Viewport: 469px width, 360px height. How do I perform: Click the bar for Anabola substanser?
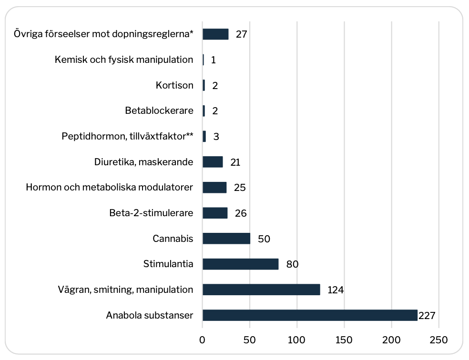tap(310, 315)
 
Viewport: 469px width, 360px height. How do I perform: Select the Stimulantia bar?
tap(240, 264)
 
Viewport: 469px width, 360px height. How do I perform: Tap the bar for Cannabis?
tap(226, 239)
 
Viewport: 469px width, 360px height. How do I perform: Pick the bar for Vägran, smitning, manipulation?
tap(261, 290)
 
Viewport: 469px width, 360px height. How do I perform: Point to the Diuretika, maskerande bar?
tap(213, 162)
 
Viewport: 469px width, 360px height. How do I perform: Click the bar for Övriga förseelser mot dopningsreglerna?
tap(215, 34)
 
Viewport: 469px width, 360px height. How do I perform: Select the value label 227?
tap(427, 315)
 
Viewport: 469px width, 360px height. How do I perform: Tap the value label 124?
tap(336, 290)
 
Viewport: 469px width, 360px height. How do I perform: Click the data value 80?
tap(292, 264)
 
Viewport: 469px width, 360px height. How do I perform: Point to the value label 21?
tap(235, 162)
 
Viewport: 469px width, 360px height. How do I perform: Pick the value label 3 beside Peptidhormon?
tap(216, 137)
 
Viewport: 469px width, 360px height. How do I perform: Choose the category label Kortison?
tap(174, 86)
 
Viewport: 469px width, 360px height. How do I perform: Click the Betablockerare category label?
tap(159, 111)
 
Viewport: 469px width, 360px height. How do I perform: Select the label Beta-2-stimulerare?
tap(151, 213)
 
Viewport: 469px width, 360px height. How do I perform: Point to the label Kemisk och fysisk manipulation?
tap(124, 60)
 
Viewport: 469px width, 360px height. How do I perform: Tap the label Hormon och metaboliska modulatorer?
tap(110, 188)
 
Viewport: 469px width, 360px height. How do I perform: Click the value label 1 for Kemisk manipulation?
tap(214, 60)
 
